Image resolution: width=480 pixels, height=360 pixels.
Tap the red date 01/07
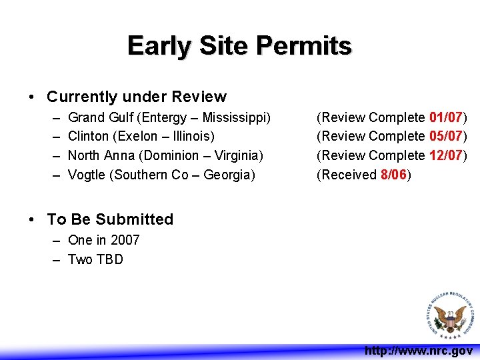pos(446,118)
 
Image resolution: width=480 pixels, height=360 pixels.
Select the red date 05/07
pos(446,137)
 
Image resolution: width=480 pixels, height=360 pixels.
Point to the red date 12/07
pos(446,156)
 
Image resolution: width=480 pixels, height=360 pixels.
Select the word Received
pos(349,175)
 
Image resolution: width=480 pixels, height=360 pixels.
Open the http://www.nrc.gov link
pos(419,350)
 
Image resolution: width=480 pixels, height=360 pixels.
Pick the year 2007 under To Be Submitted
pos(125,240)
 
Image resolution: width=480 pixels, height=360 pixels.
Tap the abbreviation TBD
pos(109,259)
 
